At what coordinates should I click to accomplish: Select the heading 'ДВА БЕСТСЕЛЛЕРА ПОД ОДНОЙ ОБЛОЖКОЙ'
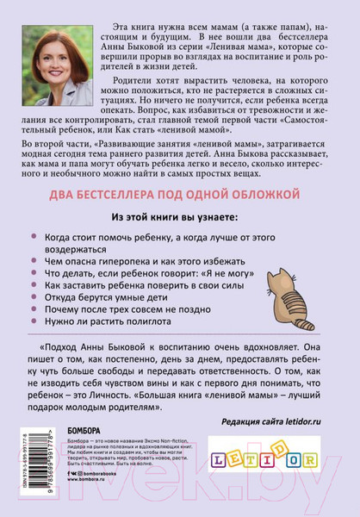click(x=179, y=192)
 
